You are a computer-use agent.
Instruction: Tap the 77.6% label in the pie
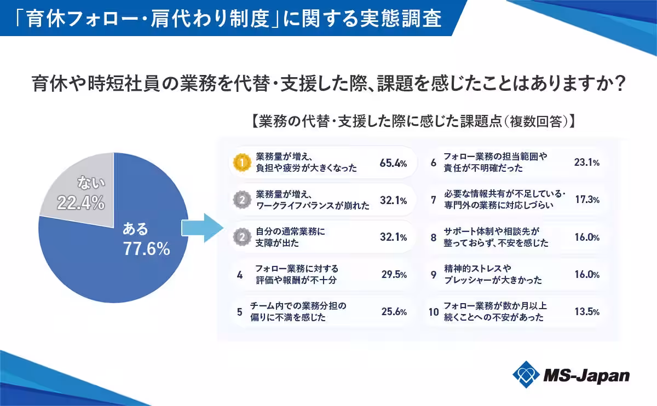(146, 250)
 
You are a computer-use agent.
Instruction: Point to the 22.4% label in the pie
(80, 203)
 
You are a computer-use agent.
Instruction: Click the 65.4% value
(393, 163)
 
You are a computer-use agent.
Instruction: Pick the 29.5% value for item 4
(394, 275)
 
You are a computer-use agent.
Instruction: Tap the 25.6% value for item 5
(394, 312)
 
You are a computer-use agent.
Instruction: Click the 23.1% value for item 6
(587, 163)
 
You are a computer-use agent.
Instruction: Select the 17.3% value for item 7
(587, 200)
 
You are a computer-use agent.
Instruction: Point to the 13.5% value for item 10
(587, 312)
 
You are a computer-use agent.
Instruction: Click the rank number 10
(434, 312)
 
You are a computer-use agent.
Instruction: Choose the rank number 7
(433, 200)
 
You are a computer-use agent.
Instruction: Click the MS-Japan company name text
(586, 376)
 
